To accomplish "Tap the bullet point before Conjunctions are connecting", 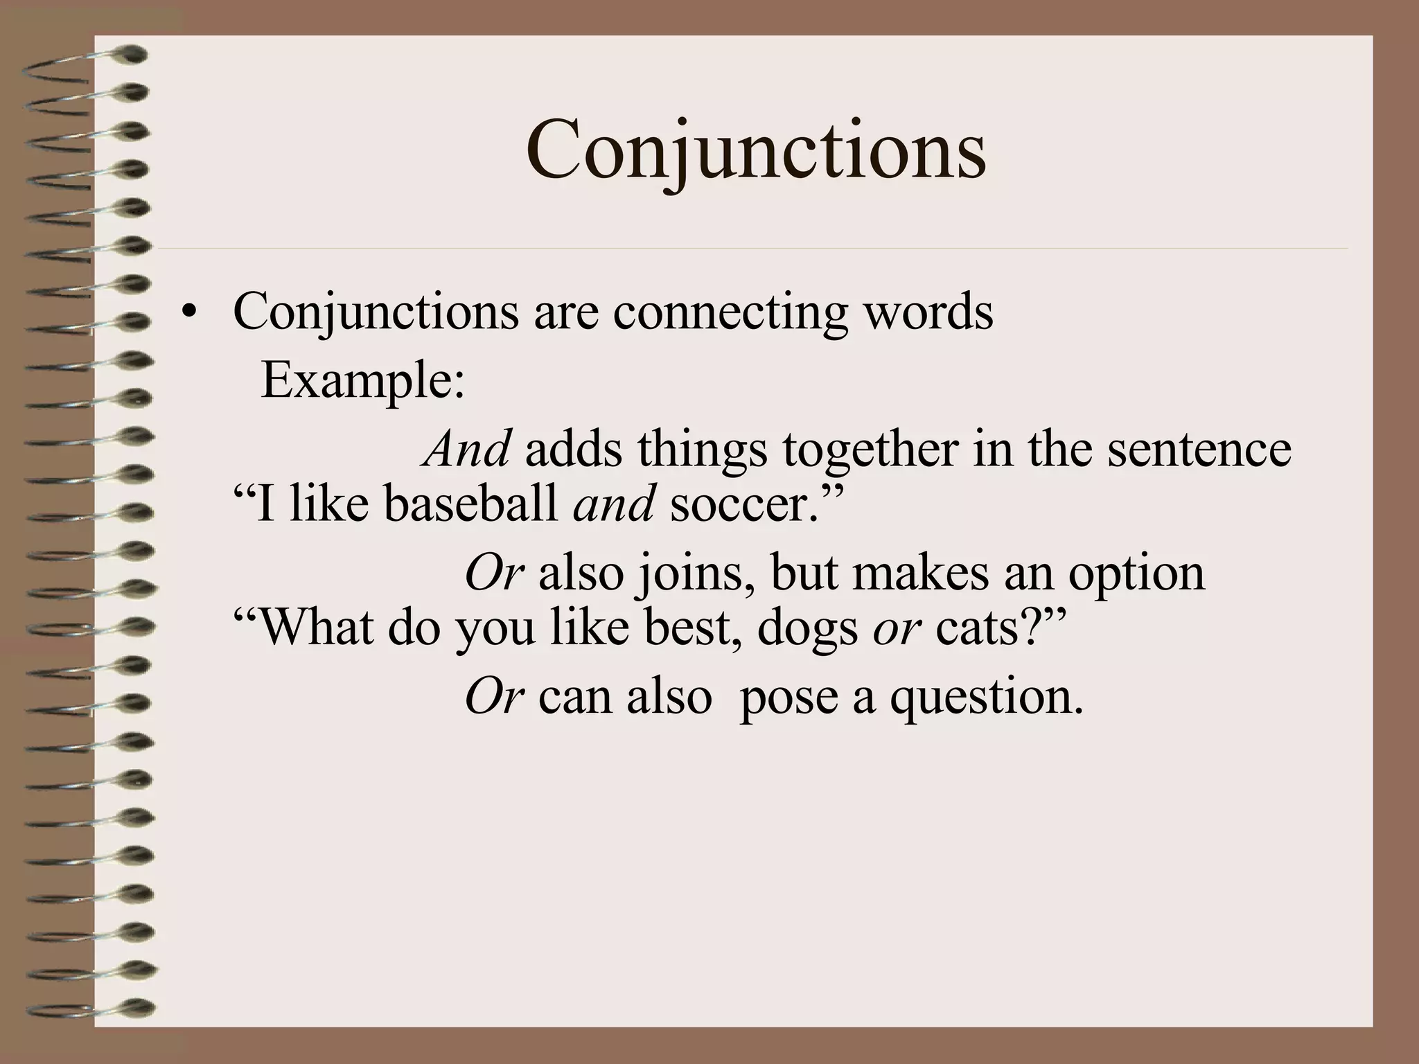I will coord(185,313).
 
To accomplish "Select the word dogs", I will coord(807,627).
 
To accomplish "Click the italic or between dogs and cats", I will coord(897,627).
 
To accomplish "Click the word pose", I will coord(788,696).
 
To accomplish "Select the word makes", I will coord(920,574).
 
